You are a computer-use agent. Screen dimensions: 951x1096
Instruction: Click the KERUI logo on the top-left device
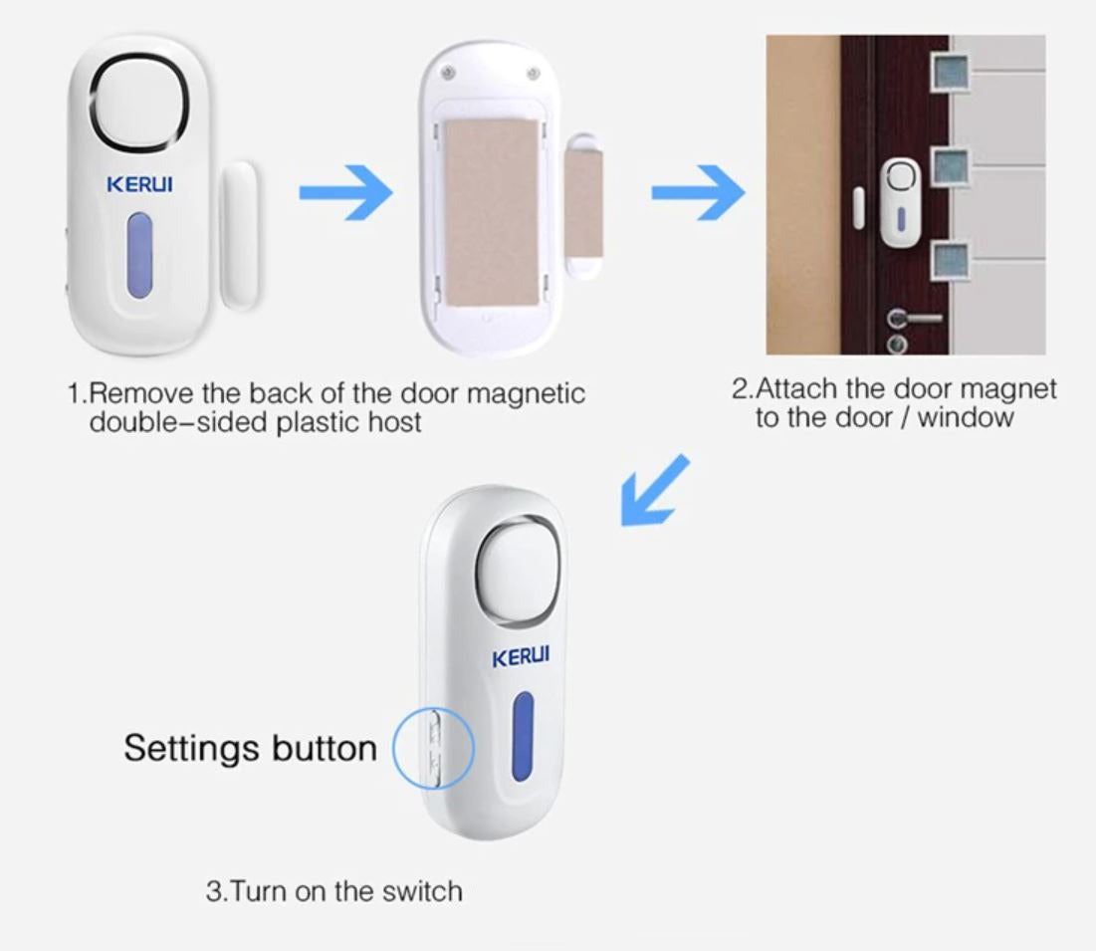pyautogui.click(x=138, y=185)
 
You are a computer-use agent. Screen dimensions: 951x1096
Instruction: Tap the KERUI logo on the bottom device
pyautogui.click(x=521, y=658)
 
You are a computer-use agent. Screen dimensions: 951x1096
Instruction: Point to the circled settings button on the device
pyautogui.click(x=435, y=746)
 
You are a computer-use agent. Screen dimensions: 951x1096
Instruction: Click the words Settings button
pyautogui.click(x=250, y=748)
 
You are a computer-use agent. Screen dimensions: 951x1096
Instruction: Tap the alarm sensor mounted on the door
pyautogui.click(x=901, y=199)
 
